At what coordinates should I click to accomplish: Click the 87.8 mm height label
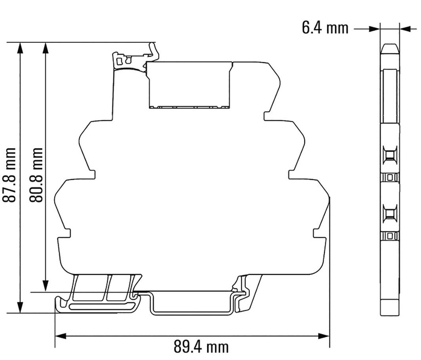[x=10, y=174]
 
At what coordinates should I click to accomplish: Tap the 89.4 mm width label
[x=200, y=347]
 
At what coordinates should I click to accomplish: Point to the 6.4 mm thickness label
[x=325, y=28]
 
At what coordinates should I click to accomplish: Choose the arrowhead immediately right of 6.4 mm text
[x=374, y=28]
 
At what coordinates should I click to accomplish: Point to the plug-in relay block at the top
[x=189, y=84]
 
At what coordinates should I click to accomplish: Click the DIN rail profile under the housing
[x=191, y=304]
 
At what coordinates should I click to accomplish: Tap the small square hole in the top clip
[x=119, y=61]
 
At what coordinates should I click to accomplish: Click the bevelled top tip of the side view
[x=389, y=48]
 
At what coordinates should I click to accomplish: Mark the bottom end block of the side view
[x=389, y=307]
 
